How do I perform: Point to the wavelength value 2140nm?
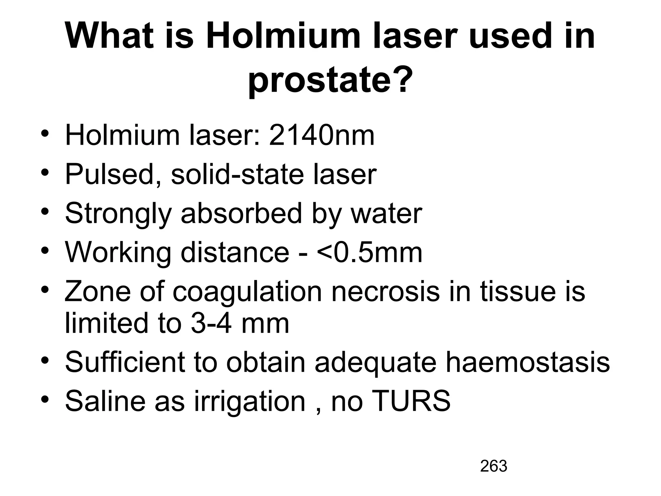pos(321,136)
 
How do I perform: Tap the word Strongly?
pos(118,214)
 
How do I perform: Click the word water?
pos(386,213)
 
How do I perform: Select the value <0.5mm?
pos(370,252)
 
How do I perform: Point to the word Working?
pos(118,253)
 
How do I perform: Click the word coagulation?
pos(247,292)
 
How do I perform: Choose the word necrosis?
pos(386,291)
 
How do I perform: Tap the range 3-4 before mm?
pos(211,324)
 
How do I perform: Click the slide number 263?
pos(493,466)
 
